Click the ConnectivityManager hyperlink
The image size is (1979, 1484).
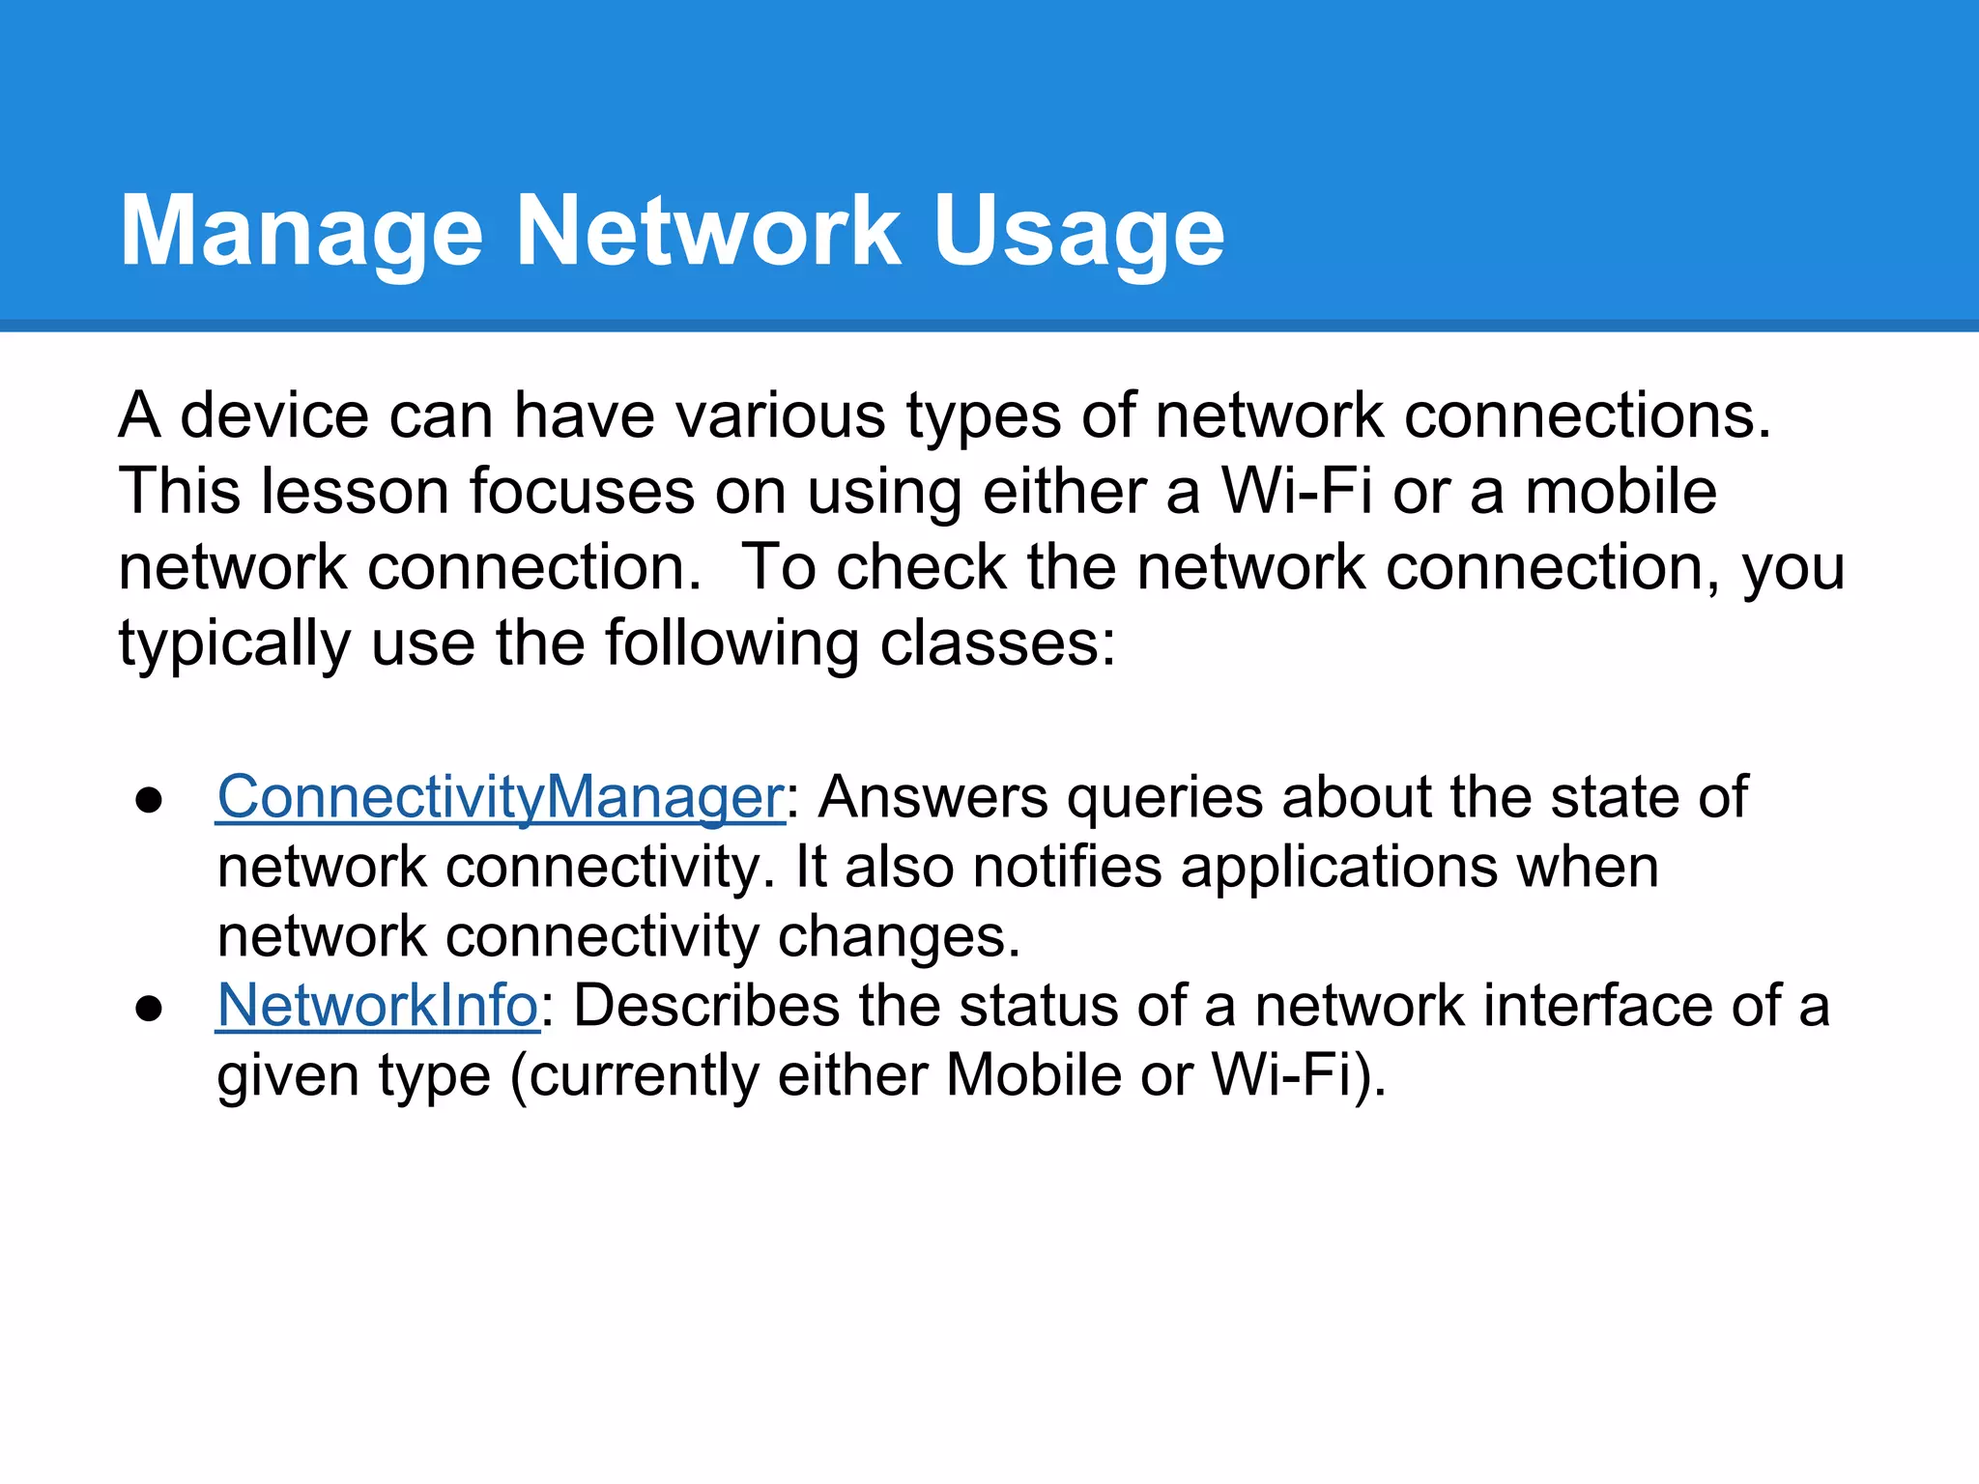500,798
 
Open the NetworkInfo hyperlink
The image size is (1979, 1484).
377,1006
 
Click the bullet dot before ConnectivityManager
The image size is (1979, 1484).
149,801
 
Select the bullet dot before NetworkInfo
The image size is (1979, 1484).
149,1009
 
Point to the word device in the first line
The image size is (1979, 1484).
274,415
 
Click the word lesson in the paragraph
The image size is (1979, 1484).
355,491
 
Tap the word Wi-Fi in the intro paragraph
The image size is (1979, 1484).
1296,491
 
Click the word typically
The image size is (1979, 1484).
234,643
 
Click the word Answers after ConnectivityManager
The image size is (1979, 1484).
932,798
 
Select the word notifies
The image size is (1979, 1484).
1067,867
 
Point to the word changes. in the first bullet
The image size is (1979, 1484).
899,936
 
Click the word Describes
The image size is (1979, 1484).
706,1006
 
